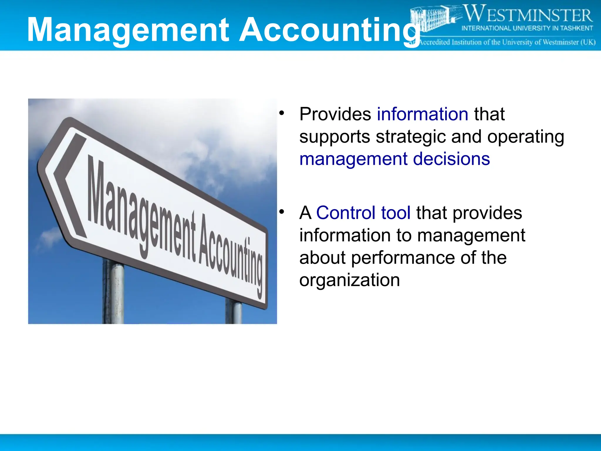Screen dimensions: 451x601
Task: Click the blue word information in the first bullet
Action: coord(422,114)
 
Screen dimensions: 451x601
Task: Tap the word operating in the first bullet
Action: coord(526,137)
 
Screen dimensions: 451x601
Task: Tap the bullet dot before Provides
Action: coord(282,113)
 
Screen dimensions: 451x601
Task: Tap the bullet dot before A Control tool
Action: coord(282,211)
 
